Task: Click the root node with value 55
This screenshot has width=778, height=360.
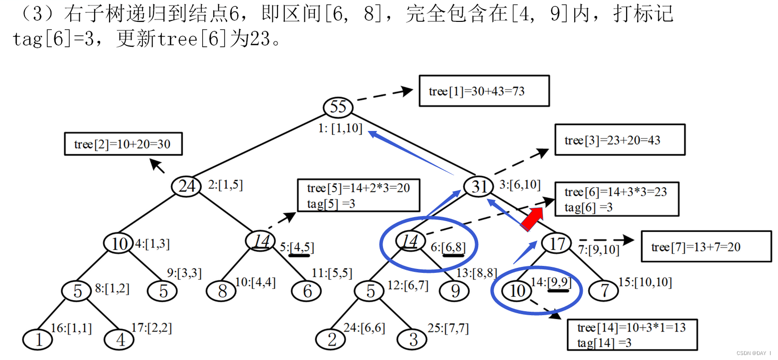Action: click(338, 107)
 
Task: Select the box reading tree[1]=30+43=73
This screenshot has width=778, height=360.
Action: click(484, 91)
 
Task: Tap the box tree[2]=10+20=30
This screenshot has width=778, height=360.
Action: click(123, 144)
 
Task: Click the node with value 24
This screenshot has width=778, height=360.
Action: click(186, 186)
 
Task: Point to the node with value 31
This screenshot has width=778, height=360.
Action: click(479, 186)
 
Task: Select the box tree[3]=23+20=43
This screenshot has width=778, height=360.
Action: click(620, 140)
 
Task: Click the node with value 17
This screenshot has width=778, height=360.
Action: click(556, 243)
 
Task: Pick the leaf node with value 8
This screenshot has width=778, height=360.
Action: click(222, 290)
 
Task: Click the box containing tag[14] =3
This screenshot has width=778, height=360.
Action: click(632, 335)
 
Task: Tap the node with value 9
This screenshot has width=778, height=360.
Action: click(455, 290)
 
